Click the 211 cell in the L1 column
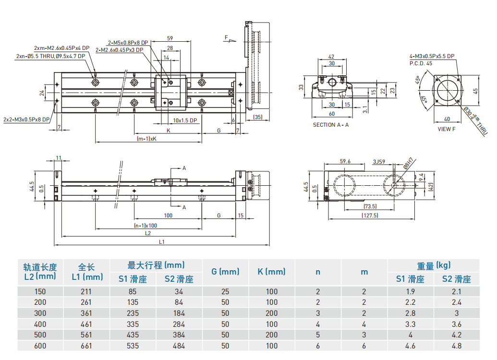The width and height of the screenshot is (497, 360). click(x=86, y=291)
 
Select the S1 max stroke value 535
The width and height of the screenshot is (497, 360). click(x=133, y=346)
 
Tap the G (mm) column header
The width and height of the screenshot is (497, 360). click(x=225, y=272)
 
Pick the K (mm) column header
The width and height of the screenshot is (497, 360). click(x=271, y=272)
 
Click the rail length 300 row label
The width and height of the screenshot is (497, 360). click(x=40, y=313)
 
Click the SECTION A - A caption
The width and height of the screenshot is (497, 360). click(x=331, y=125)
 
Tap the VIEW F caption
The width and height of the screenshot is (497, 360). click(x=447, y=129)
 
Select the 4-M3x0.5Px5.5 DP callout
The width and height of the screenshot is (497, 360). click(x=432, y=56)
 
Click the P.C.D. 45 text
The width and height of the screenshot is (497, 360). click(x=421, y=63)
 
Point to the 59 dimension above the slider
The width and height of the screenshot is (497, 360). click(x=170, y=38)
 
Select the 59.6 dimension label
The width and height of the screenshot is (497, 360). click(x=344, y=162)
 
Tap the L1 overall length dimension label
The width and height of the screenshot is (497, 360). click(x=162, y=241)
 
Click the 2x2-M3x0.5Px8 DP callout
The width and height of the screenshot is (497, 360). click(x=26, y=120)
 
